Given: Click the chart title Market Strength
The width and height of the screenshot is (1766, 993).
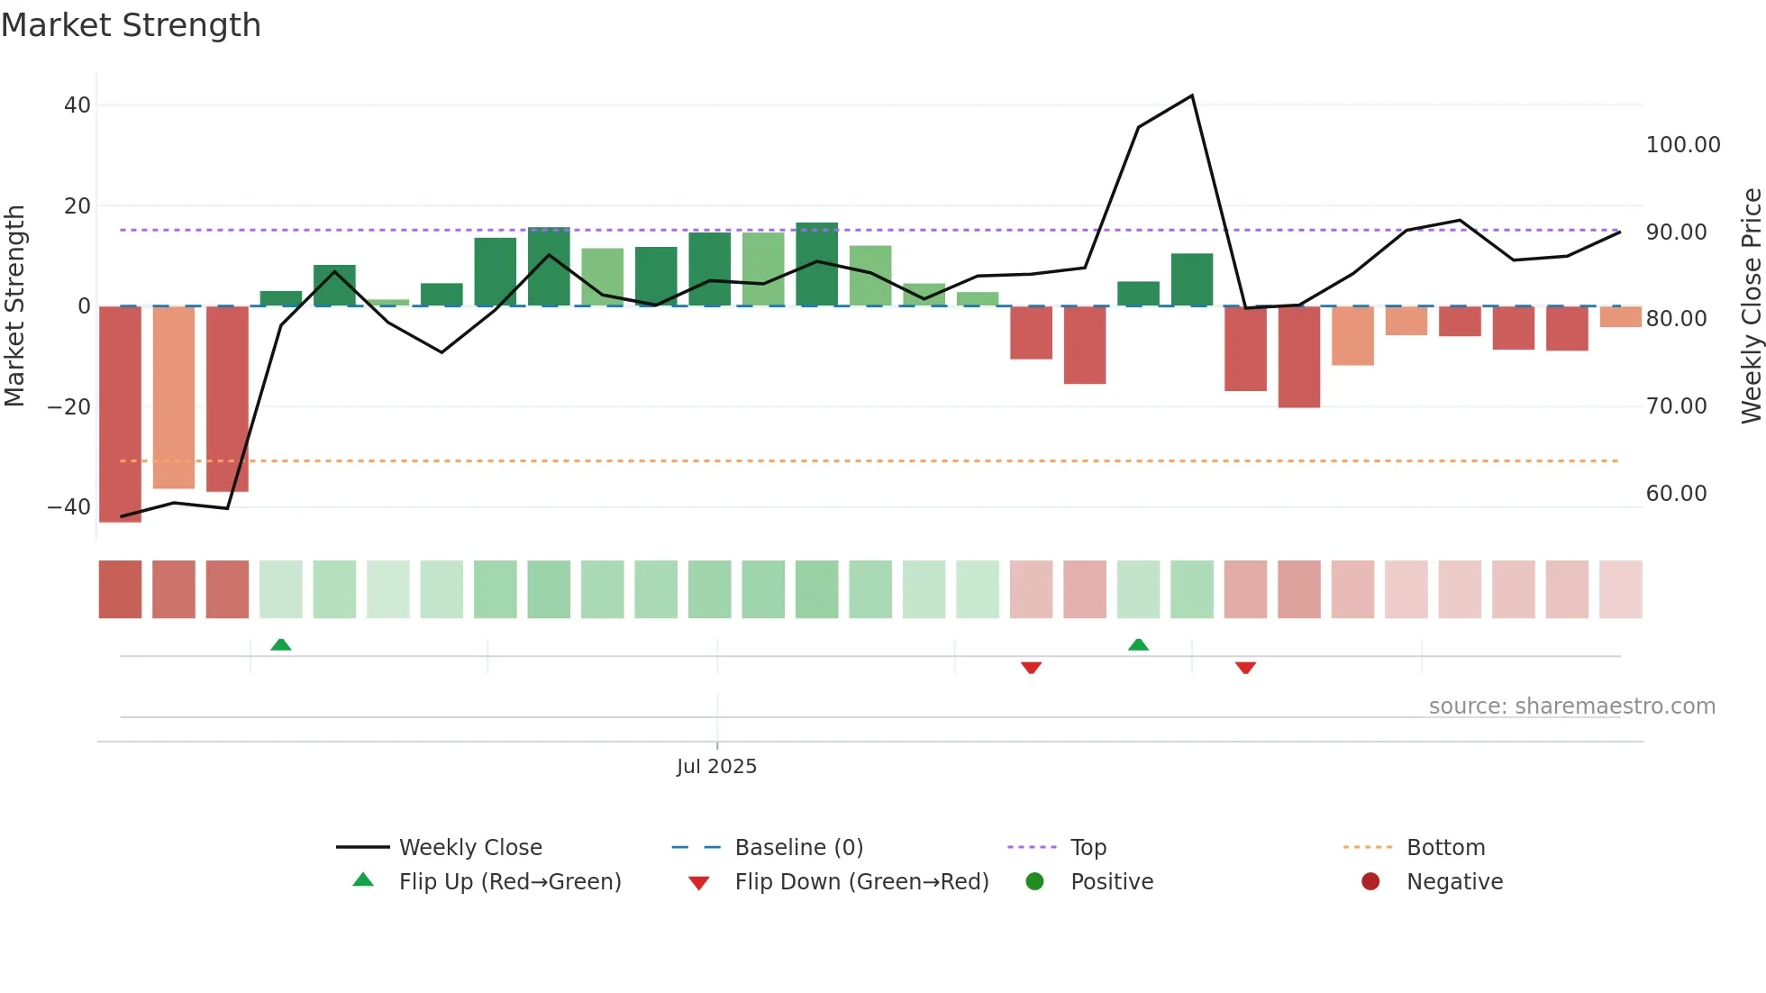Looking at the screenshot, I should [131, 25].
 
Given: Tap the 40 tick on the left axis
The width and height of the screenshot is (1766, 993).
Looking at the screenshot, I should [77, 105].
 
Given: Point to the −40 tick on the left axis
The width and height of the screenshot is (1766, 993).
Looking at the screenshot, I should [69, 507].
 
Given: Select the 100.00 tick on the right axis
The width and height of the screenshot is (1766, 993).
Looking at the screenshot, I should [1682, 145].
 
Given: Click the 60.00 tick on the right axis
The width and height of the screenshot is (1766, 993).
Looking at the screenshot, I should [1676, 494].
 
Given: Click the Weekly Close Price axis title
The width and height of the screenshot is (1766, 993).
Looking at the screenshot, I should [1751, 306].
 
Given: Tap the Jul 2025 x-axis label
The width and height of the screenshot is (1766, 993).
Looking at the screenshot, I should [716, 767].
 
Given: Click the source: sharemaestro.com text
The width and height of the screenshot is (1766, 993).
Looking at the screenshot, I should [1571, 706].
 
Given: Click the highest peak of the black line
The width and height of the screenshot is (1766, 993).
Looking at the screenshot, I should [1192, 96].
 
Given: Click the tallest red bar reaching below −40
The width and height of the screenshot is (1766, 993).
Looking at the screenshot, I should [120, 415].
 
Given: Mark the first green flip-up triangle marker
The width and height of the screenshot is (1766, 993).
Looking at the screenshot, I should [281, 644].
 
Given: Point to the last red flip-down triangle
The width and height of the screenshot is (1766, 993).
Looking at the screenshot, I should [1245, 668].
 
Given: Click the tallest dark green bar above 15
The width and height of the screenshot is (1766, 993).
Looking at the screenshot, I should [816, 264].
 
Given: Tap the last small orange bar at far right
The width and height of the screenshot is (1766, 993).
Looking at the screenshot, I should [1620, 317].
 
